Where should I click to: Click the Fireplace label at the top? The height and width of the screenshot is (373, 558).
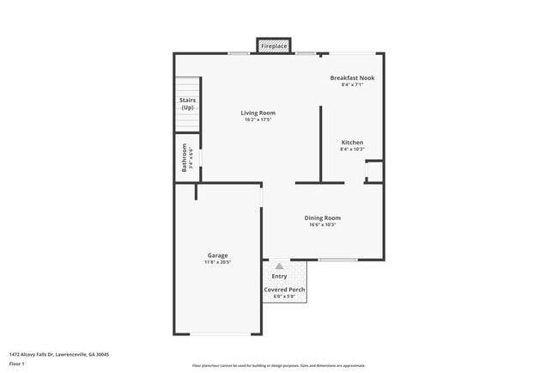click(x=274, y=46)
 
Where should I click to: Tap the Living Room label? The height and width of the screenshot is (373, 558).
click(x=258, y=113)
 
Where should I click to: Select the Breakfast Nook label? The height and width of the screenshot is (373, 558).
click(x=352, y=78)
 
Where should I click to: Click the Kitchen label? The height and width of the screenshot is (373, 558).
click(x=352, y=143)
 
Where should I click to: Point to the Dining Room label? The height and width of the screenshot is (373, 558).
click(x=322, y=218)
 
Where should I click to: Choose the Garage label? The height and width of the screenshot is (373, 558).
click(x=217, y=255)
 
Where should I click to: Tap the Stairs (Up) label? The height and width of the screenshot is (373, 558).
click(x=187, y=104)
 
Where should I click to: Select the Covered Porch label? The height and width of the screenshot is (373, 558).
click(x=284, y=290)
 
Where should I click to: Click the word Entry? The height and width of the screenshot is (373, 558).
click(x=280, y=276)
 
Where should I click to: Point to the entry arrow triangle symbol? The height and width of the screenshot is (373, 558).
click(x=279, y=266)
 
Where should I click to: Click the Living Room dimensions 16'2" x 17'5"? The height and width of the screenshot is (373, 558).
click(x=258, y=119)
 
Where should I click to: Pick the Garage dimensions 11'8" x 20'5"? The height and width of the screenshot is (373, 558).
click(x=217, y=262)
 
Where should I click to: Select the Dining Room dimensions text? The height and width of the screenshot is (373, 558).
click(x=322, y=225)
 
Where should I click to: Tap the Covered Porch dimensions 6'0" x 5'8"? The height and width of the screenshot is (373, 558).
click(x=284, y=297)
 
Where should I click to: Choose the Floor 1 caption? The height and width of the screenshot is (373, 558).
click(x=17, y=364)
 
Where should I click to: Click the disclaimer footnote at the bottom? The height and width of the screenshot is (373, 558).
click(x=278, y=365)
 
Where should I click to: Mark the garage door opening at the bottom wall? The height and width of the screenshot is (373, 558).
click(x=221, y=333)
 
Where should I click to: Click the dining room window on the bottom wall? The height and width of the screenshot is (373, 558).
click(x=337, y=260)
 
